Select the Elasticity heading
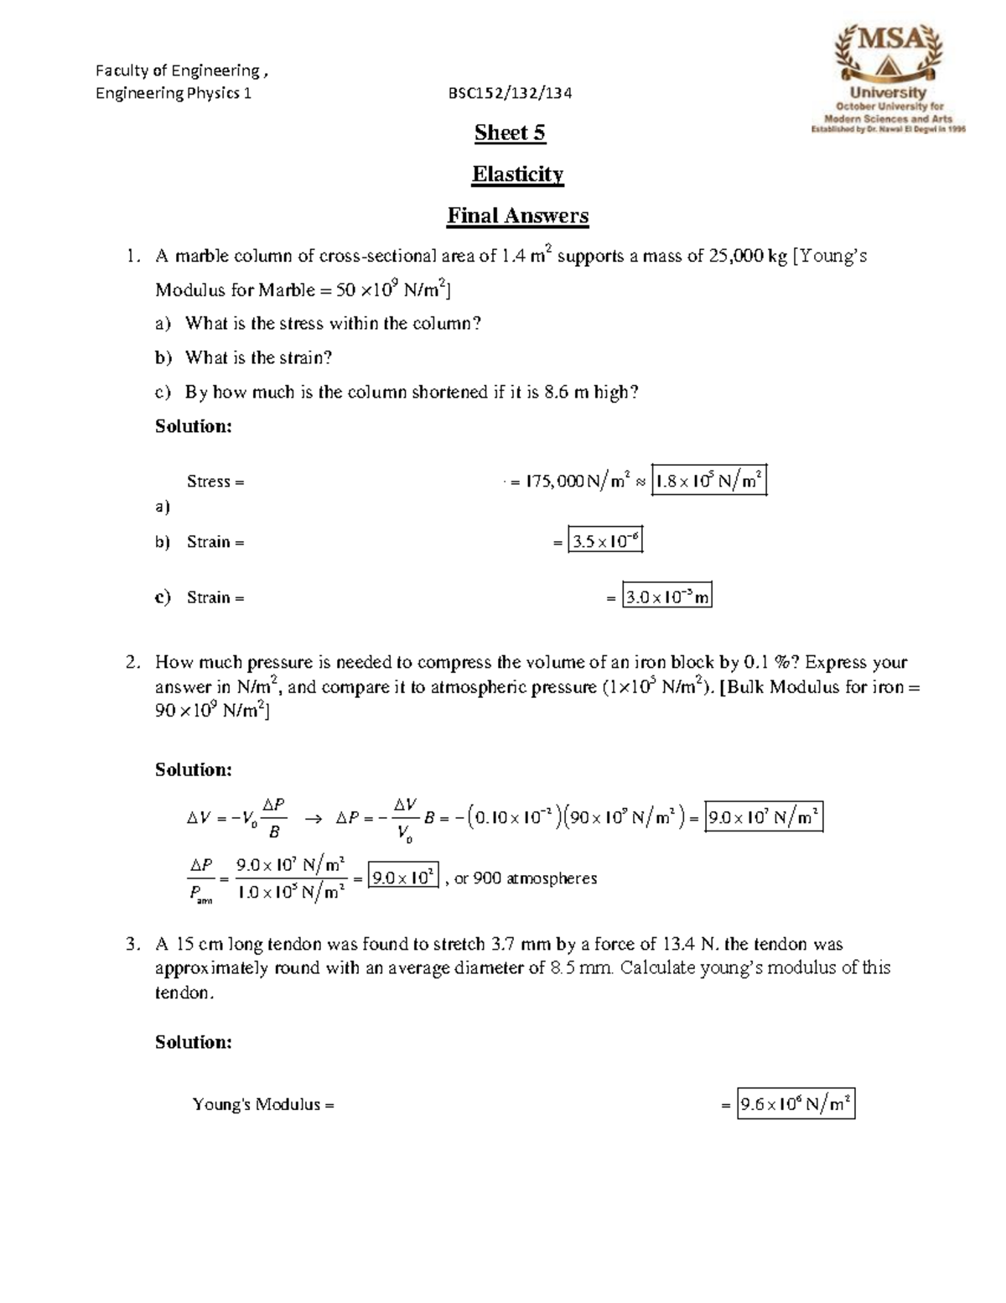click(x=517, y=174)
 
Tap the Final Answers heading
click(x=517, y=216)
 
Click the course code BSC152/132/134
click(x=510, y=93)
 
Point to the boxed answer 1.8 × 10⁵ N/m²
click(x=708, y=481)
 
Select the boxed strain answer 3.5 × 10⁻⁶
click(x=605, y=541)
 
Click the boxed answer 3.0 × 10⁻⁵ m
click(x=667, y=597)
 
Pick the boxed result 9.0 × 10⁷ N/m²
click(x=763, y=816)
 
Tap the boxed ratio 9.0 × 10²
click(x=403, y=878)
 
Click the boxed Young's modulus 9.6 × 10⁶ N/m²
click(x=796, y=1104)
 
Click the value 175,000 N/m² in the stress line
click(x=577, y=482)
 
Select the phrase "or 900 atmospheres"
click(x=526, y=878)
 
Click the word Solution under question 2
click(x=193, y=769)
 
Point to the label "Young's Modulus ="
click(x=263, y=1104)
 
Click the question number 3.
click(x=132, y=944)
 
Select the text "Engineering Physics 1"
click(x=174, y=93)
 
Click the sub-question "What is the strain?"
click(x=258, y=357)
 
